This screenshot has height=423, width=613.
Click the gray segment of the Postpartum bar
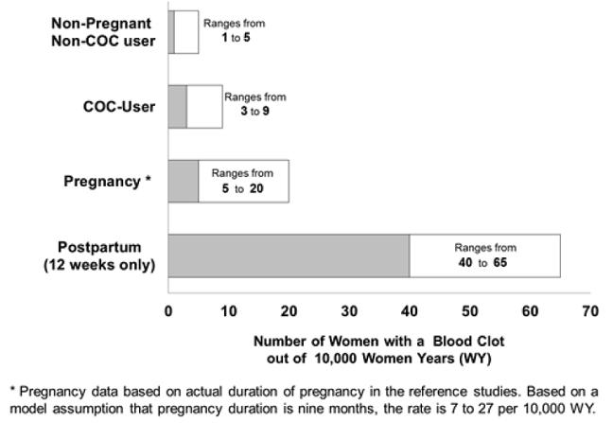289,256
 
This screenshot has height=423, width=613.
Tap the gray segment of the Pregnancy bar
184,181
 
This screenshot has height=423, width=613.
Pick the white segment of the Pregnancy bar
243,181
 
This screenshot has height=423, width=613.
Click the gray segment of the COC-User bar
177,106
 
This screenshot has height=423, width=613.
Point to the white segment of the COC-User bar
204,106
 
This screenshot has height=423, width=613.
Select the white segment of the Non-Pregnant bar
186,32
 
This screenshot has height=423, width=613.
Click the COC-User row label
119,106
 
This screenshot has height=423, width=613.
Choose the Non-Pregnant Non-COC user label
104,32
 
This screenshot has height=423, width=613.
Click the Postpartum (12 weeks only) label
100,256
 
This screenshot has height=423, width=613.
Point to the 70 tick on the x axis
591,309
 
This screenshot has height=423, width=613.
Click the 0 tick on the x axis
168,309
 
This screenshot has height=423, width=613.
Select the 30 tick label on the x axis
349,309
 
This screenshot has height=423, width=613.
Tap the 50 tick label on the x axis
470,309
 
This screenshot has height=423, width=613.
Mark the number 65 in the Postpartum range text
499,262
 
